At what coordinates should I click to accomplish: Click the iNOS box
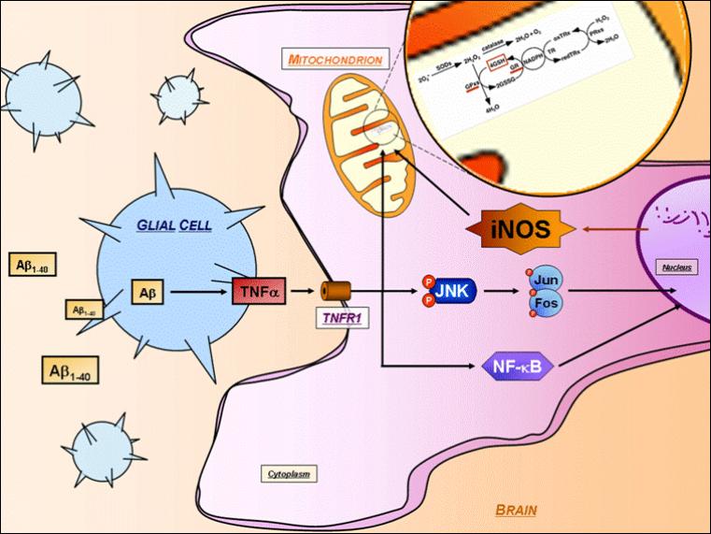tap(519, 228)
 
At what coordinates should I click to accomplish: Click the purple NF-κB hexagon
tap(518, 366)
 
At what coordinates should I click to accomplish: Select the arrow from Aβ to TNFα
tap(197, 293)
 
